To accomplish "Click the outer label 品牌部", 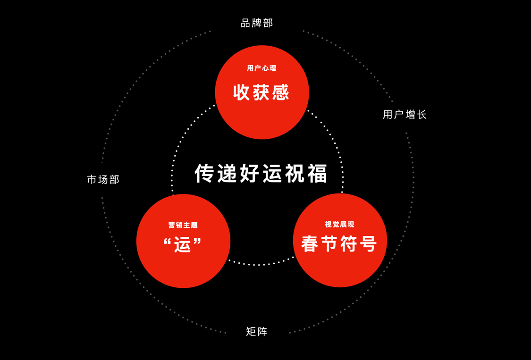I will pos(257,23).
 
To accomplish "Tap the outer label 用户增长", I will pos(405,115).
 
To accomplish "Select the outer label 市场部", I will pos(103,180).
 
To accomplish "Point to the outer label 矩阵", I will pos(257,332).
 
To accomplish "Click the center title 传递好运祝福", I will pos(261,174).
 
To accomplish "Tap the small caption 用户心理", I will pos(261,68).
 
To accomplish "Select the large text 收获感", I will pos(261,92).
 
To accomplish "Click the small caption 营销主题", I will pos(183,225).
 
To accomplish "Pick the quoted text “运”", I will pos(183,245).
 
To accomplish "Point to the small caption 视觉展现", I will pos(339,225).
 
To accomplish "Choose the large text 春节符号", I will pos(339,244).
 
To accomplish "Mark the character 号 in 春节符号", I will pos(368,244).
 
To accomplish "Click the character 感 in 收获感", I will pos(280,92).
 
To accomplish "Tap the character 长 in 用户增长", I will pos(421,115).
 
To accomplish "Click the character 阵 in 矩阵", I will pos(262,332).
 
